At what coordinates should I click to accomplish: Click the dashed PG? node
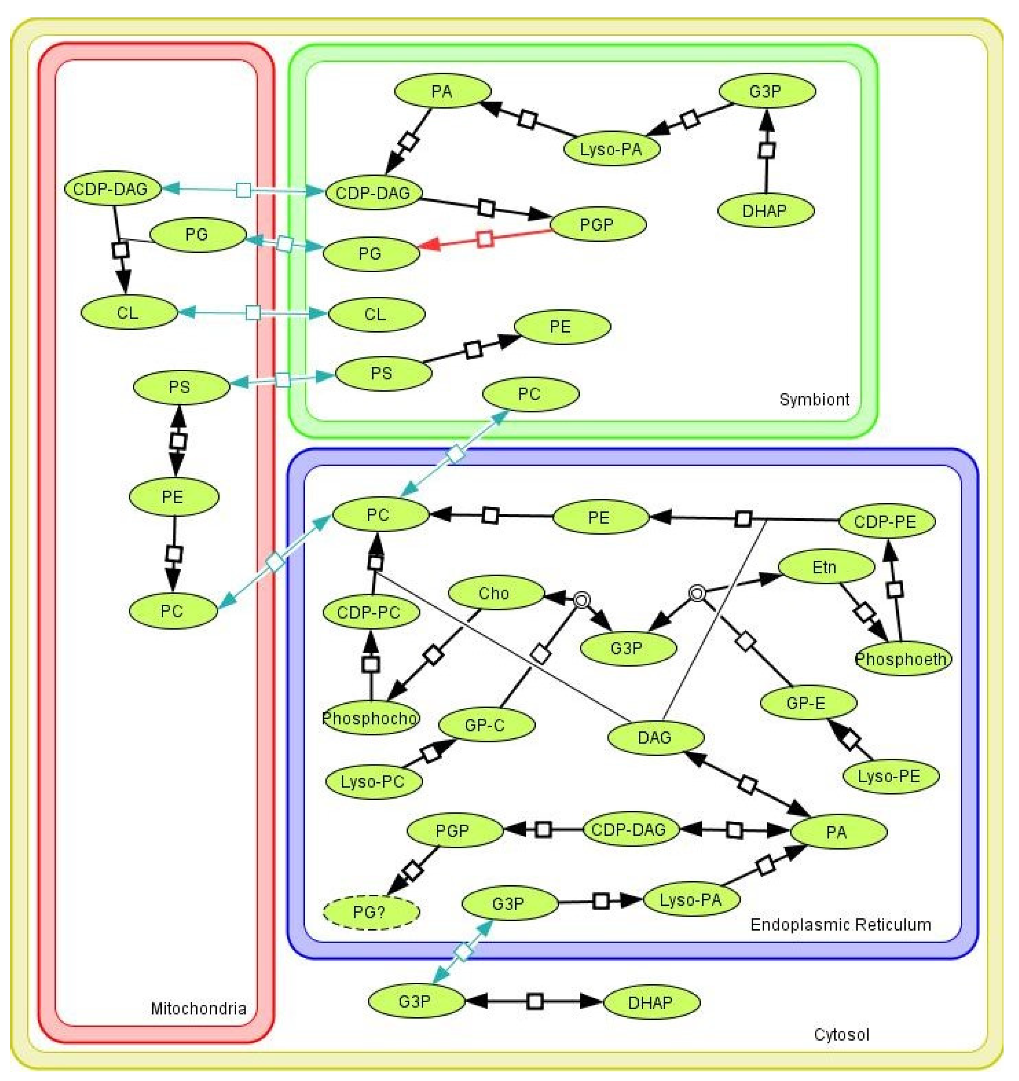[371, 912]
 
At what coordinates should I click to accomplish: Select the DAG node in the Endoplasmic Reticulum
[655, 738]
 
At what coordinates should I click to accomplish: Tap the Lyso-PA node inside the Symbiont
[611, 149]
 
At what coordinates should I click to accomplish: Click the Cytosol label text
[841, 1034]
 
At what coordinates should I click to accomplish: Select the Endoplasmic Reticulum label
[840, 924]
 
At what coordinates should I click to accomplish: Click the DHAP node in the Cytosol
[651, 1002]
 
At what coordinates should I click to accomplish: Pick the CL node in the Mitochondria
[128, 313]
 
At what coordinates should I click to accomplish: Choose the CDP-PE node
[886, 521]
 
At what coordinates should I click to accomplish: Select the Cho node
[495, 593]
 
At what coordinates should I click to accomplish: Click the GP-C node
[486, 725]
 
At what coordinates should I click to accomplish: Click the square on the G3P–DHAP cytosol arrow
[535, 1001]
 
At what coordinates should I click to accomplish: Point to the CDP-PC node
[370, 612]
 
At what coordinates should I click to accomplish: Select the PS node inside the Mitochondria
[180, 387]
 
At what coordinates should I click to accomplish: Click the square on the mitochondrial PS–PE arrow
[178, 441]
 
